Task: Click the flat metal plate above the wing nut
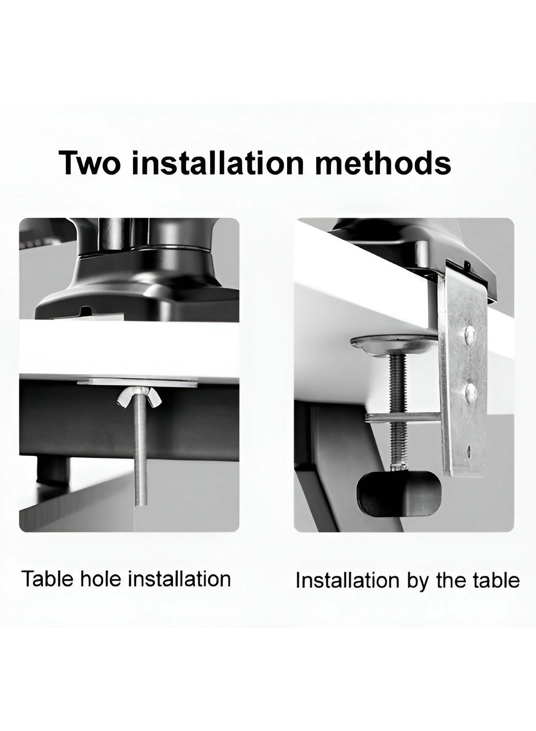(x=138, y=383)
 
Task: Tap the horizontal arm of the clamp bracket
(x=403, y=417)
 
